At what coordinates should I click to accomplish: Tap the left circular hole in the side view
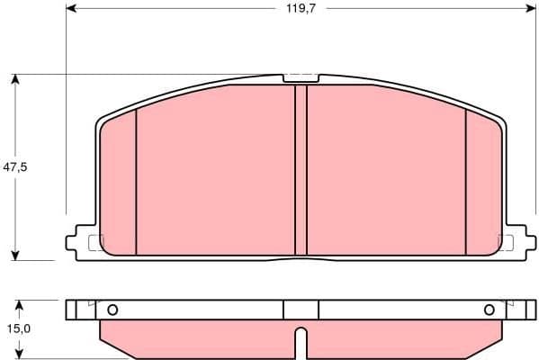point(112,310)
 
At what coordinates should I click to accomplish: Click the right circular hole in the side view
point(490,310)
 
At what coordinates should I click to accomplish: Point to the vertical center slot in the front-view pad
point(301,171)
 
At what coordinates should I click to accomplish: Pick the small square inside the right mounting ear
point(504,242)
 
